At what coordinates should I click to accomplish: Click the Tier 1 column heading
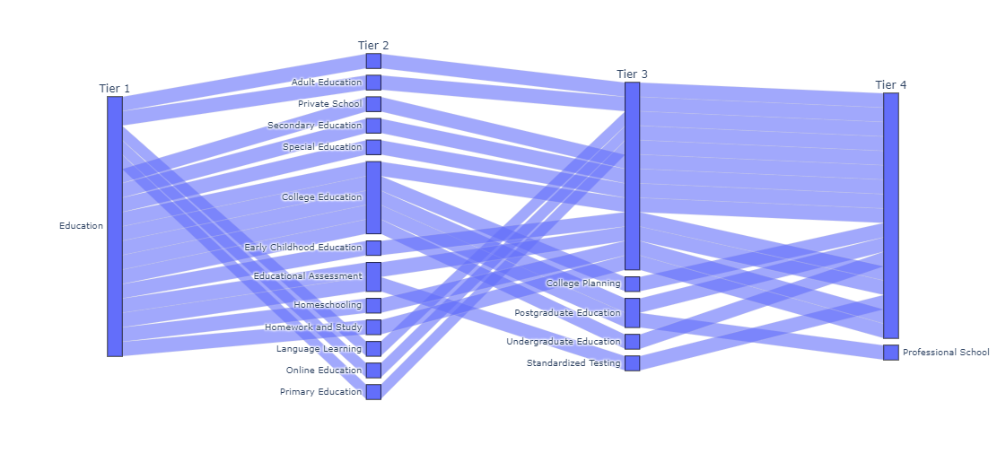coord(114,88)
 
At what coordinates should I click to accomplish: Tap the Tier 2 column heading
coord(373,46)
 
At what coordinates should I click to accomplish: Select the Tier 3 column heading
coord(632,74)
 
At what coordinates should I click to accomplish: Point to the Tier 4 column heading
coord(890,84)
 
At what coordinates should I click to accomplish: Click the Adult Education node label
coord(326,83)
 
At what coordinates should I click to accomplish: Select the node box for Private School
coord(373,104)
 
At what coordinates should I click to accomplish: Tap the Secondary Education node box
coord(373,126)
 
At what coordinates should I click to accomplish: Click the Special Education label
coord(321,147)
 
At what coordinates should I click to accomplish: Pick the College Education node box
coord(373,197)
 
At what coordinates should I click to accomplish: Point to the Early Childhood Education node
coord(373,248)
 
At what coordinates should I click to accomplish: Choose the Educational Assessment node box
coord(373,276)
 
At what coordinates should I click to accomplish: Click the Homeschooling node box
coord(373,305)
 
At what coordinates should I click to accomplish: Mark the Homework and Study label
coord(313,327)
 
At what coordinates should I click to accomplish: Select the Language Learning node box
coord(373,349)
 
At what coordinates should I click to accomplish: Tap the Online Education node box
coord(373,371)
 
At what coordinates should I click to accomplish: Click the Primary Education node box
coord(373,392)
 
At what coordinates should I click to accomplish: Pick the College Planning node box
coord(632,283)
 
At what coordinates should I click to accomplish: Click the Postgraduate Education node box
coord(632,312)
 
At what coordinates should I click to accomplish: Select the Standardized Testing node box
coord(632,363)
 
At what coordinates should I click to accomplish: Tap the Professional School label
coord(946,353)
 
